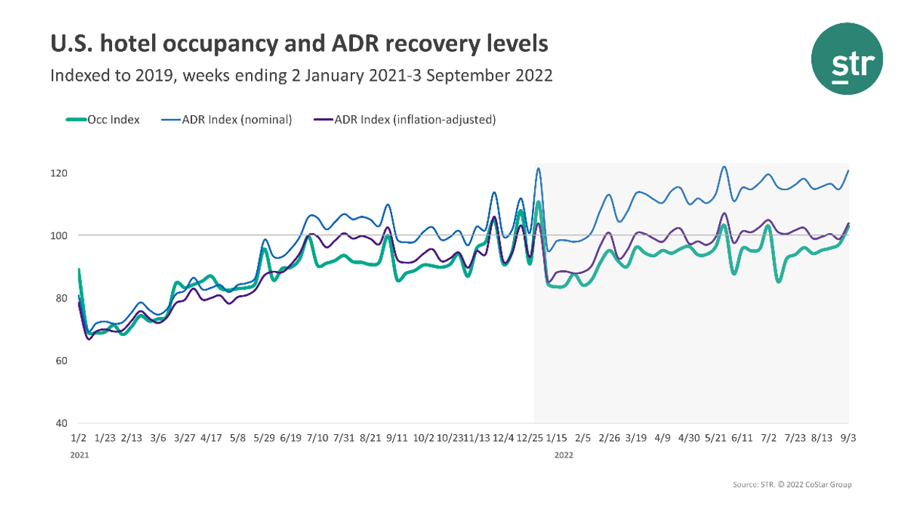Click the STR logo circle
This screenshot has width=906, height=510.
pyautogui.click(x=847, y=58)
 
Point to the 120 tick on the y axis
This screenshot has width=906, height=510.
pyautogui.click(x=60, y=173)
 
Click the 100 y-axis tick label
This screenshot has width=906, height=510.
pyautogui.click(x=60, y=236)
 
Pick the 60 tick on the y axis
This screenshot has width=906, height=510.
pyautogui.click(x=62, y=361)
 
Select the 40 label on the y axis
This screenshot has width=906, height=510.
pyautogui.click(x=62, y=423)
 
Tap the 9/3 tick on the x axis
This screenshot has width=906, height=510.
pyautogui.click(x=849, y=439)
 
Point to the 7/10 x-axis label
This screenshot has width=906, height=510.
pyautogui.click(x=317, y=439)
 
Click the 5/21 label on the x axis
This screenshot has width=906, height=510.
pyautogui.click(x=715, y=439)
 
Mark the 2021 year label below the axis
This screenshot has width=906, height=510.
pyautogui.click(x=78, y=454)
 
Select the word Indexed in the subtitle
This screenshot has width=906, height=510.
pyautogui.click(x=76, y=76)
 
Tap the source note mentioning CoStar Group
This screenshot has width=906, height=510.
pyautogui.click(x=792, y=484)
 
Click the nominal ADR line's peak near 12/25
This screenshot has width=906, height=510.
pyautogui.click(x=539, y=169)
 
